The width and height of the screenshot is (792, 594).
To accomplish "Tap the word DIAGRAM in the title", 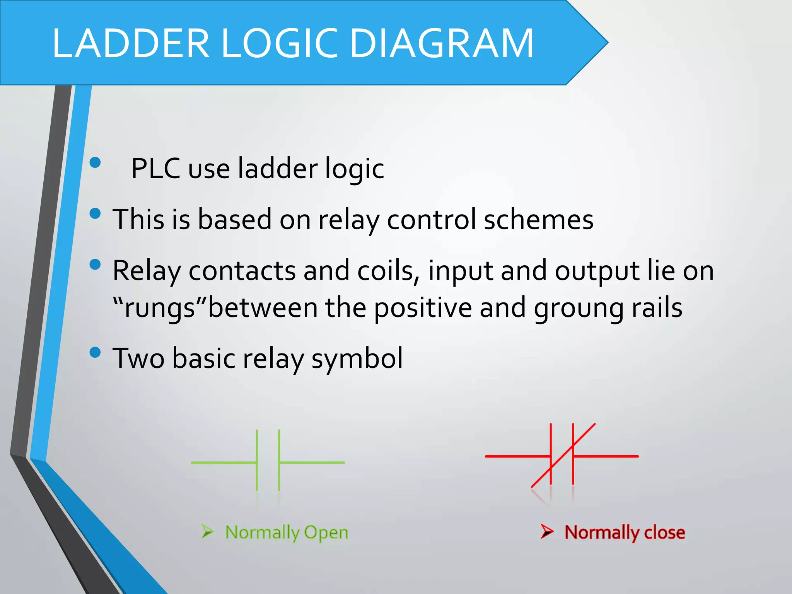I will coord(441,43).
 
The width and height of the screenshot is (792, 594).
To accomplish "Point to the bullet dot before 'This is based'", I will coord(95,213).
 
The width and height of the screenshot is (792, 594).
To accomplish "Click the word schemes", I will coord(538,220).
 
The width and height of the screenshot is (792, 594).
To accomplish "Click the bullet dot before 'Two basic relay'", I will coord(95,352).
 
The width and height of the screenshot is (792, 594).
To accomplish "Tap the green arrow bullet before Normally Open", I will coord(207,531).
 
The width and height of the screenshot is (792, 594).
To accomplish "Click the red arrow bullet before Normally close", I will coord(547,531).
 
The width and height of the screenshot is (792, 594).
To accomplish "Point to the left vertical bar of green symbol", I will coord(257,460).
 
